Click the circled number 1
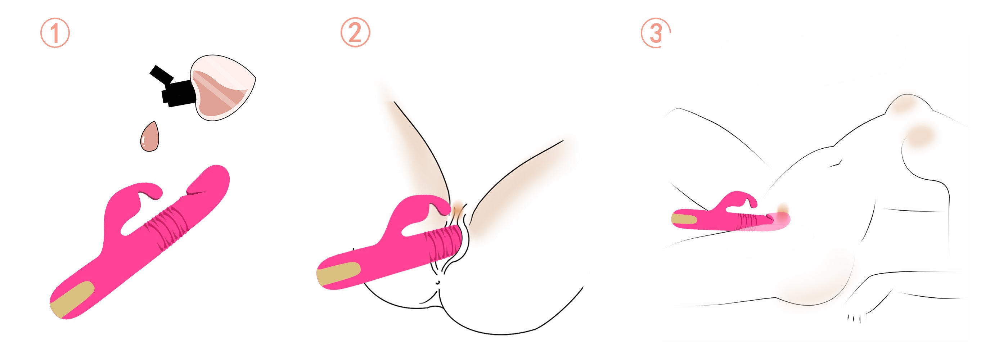point(55,33)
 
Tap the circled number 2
point(355,32)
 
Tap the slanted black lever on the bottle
point(162,75)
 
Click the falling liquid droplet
point(150,136)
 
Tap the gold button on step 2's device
point(338,274)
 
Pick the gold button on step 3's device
point(684,219)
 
